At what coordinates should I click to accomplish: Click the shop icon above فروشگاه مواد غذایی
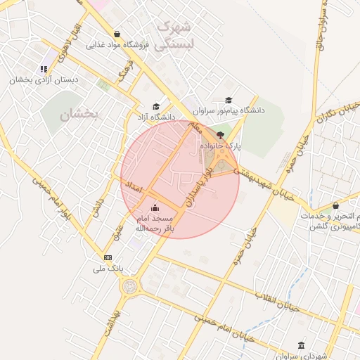click(x=116, y=33)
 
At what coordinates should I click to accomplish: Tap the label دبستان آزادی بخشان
click(x=42, y=80)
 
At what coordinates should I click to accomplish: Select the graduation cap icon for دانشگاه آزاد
click(x=156, y=107)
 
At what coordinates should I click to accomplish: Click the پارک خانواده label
click(x=220, y=146)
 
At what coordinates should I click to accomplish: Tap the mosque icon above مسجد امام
click(x=155, y=207)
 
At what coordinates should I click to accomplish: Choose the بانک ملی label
click(x=108, y=269)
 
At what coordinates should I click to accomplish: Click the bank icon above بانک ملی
click(x=108, y=257)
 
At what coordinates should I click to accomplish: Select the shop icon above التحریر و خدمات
click(x=335, y=206)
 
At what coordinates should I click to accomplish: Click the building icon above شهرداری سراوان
click(x=302, y=345)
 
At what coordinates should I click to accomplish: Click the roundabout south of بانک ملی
click(x=130, y=286)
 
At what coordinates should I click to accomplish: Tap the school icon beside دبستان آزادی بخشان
click(x=44, y=69)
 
